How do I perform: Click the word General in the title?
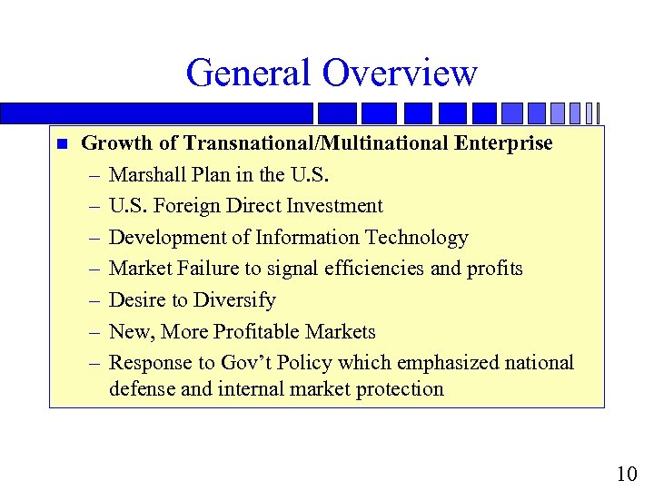tap(247, 73)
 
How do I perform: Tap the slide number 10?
tap(626, 474)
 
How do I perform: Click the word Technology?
tap(416, 238)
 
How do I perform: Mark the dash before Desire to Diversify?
tap(94, 300)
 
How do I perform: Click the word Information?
tap(307, 238)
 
